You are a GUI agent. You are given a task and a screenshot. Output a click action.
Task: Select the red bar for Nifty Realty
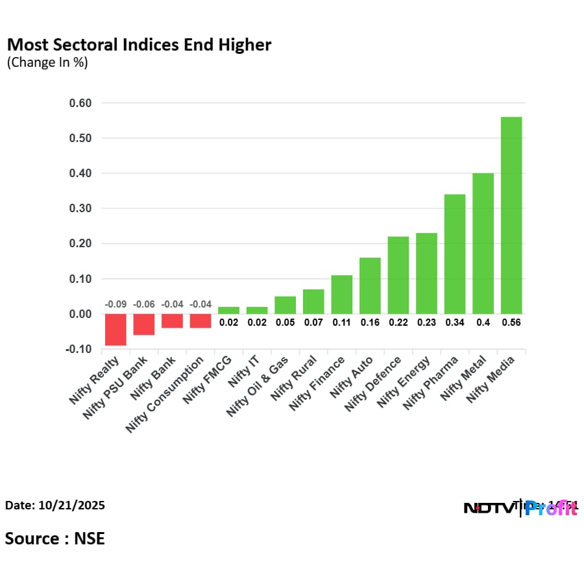tap(116, 330)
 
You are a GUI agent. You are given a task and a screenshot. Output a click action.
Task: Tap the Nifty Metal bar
tap(483, 243)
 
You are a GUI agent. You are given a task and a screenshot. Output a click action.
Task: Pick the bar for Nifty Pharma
tap(454, 254)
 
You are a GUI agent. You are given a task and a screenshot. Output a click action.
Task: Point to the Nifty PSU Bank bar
tap(144, 324)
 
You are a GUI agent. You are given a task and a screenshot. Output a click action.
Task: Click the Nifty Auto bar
tap(370, 286)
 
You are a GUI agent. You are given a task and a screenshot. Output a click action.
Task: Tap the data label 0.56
tap(511, 322)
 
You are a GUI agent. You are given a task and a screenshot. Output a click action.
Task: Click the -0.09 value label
tap(116, 304)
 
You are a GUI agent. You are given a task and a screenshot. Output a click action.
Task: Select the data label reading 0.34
tap(454, 322)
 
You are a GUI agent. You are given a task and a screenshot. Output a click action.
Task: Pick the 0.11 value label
tap(341, 322)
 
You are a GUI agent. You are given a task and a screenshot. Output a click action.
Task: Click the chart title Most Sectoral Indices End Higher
tap(139, 45)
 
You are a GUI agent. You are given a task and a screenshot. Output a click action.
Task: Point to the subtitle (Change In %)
tap(47, 63)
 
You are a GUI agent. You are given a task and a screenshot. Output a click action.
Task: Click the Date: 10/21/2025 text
tap(55, 505)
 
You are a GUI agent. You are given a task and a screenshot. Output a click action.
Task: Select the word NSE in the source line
tap(89, 539)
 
